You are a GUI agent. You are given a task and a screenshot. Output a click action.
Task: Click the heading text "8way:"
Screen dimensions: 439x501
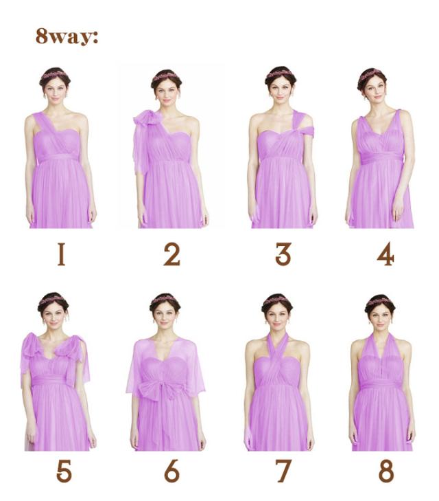point(67,36)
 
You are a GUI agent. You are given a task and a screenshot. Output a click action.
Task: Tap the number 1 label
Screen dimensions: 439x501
point(61,254)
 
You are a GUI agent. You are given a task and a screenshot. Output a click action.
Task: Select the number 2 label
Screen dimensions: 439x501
point(171,254)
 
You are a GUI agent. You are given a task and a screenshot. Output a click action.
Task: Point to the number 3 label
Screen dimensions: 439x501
point(283,254)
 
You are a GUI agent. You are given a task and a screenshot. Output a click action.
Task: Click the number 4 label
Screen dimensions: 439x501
point(385,254)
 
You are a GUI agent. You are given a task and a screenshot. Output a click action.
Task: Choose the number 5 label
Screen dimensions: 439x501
point(64,471)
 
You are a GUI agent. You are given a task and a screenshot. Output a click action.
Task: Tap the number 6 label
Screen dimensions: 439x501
point(171,471)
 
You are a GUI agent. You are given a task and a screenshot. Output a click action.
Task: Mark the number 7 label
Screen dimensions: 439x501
point(283,471)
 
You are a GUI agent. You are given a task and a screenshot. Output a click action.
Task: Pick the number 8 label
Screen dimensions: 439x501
point(386,471)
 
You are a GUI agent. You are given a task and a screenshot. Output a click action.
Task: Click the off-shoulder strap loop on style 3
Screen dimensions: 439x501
point(303,126)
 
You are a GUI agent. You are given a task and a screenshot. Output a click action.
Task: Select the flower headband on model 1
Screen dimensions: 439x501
point(54,75)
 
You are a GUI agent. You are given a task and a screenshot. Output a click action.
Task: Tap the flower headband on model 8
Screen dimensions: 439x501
point(379,302)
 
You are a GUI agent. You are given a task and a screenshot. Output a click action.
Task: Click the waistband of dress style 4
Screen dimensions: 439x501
point(381,157)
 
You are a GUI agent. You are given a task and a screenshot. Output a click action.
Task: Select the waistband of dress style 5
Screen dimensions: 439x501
point(51,380)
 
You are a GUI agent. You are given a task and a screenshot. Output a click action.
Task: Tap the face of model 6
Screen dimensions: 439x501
point(165,315)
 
